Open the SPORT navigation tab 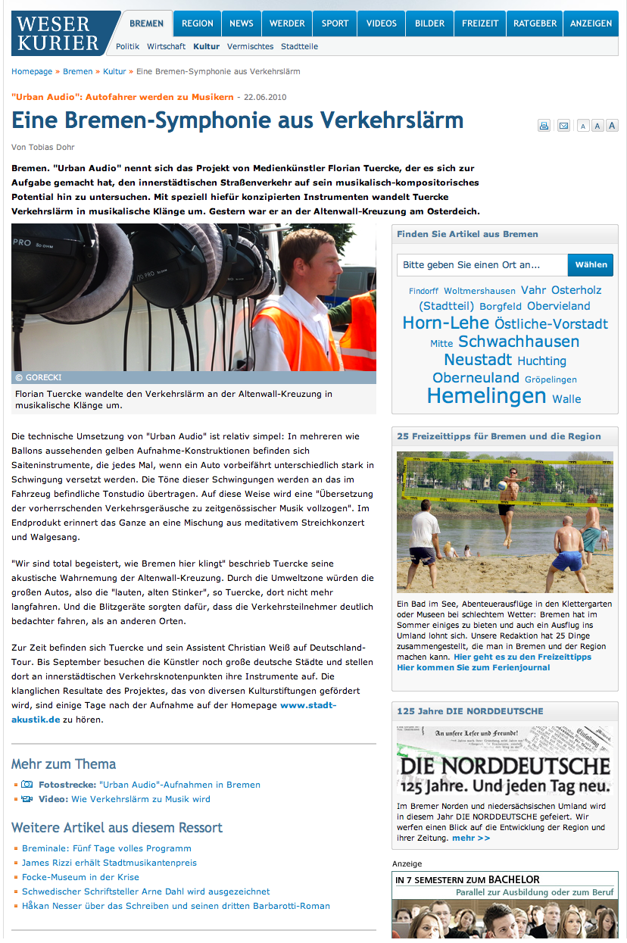[335, 23]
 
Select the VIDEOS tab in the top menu [382, 23]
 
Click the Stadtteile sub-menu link [299, 46]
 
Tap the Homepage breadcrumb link [32, 71]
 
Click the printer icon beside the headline [544, 126]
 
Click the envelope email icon [563, 126]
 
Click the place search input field [482, 265]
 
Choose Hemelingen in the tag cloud [486, 395]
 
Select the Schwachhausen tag [519, 342]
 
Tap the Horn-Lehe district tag [446, 323]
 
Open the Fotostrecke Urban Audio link [149, 785]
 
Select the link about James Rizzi [109, 863]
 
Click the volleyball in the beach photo [501, 486]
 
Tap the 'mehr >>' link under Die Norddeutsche [471, 838]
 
